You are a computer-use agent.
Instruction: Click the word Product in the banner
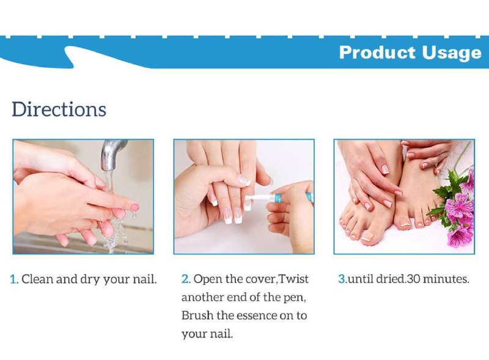pyautogui.click(x=377, y=52)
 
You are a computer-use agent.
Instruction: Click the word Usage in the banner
pyautogui.click(x=452, y=53)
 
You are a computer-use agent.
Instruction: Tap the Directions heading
pyautogui.click(x=59, y=109)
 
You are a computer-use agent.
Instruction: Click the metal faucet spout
pyautogui.click(x=112, y=155)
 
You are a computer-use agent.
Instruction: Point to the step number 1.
pyautogui.click(x=14, y=279)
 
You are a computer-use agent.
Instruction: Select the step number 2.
pyautogui.click(x=186, y=279)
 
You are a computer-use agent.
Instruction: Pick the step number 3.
pyautogui.click(x=343, y=279)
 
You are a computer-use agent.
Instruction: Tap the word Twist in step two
pyautogui.click(x=293, y=279)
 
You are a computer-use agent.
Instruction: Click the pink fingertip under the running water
pyautogui.click(x=134, y=207)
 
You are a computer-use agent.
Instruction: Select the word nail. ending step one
pyautogui.click(x=145, y=279)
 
